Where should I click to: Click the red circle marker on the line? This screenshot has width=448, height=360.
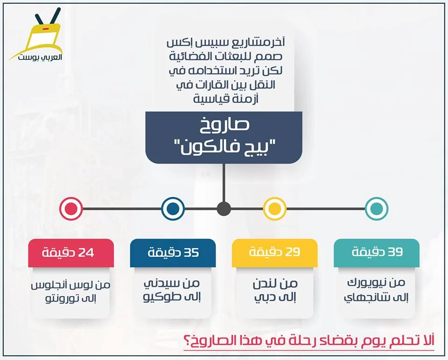(71, 208)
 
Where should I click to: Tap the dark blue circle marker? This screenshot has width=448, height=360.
(173, 208)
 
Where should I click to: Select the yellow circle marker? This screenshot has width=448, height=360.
(274, 208)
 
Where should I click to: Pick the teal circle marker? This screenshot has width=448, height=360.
(377, 208)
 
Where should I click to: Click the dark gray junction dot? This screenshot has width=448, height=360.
(224, 208)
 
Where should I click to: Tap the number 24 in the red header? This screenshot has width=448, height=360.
(86, 253)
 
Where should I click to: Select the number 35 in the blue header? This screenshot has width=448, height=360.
(191, 253)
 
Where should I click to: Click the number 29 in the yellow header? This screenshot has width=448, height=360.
(293, 252)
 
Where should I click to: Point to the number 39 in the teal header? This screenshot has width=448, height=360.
(395, 252)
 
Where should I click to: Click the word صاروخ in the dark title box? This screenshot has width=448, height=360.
(224, 126)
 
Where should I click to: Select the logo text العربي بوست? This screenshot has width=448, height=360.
(40, 56)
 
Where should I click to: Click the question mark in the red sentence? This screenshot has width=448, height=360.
(188, 340)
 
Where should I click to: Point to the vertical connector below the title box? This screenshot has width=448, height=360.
(224, 183)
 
